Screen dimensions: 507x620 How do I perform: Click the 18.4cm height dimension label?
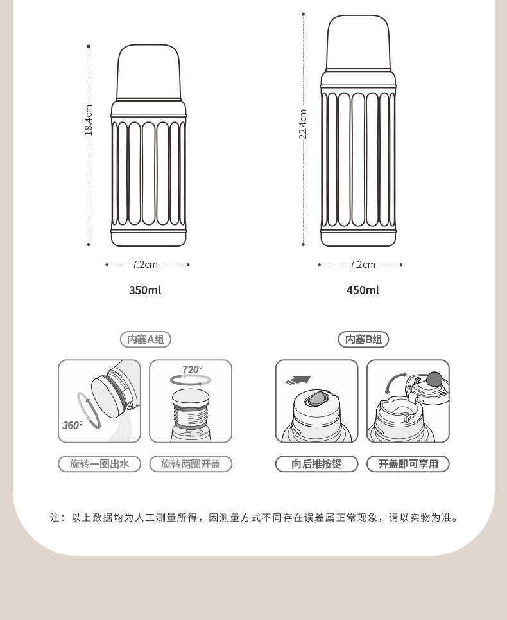pos(89,120)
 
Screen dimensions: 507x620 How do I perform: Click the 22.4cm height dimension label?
pos(303,124)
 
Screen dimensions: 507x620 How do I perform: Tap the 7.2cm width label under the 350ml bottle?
pos(145,265)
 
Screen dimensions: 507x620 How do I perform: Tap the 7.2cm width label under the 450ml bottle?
pos(363,265)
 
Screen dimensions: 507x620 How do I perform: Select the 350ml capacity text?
pos(145,290)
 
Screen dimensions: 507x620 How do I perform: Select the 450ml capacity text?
pos(363,290)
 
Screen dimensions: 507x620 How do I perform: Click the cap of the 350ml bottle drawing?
pos(148,72)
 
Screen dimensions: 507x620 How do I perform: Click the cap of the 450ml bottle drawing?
pos(358,43)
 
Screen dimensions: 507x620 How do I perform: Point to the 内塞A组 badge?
pos(145,339)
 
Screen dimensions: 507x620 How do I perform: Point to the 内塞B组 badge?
pos(363,339)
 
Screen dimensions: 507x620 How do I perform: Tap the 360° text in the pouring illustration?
pos(73,425)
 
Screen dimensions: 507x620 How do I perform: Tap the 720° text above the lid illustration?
pos(193,369)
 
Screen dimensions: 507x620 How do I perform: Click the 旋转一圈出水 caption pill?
pos(99,464)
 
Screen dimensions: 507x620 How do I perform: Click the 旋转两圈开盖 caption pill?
pos(191,464)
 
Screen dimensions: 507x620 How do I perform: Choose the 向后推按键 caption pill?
pos(316,464)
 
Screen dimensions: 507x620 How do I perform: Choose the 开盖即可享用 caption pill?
pos(408,464)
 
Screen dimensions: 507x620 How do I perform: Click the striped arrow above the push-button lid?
pos(298,380)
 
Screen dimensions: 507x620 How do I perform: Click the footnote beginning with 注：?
pos(253,518)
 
